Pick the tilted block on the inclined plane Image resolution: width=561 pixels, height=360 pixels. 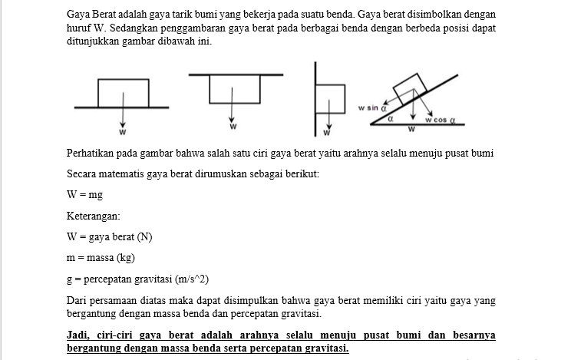[x=408, y=85]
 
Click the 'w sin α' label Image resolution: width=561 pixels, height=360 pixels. [x=371, y=109]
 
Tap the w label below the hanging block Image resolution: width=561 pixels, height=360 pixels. [x=233, y=125]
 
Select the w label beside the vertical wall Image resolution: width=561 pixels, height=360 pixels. [x=325, y=134]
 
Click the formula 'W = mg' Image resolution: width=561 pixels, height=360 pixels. [x=84, y=195]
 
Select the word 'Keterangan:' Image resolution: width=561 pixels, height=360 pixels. [x=93, y=216]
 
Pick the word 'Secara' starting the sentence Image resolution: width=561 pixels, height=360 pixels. [x=82, y=173]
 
